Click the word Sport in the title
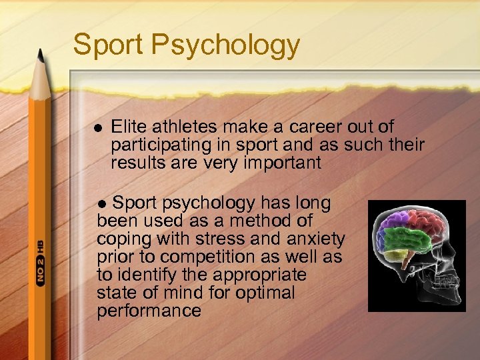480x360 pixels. coord(108,45)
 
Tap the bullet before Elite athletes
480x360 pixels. coord(97,127)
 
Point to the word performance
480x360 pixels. coord(149,311)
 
